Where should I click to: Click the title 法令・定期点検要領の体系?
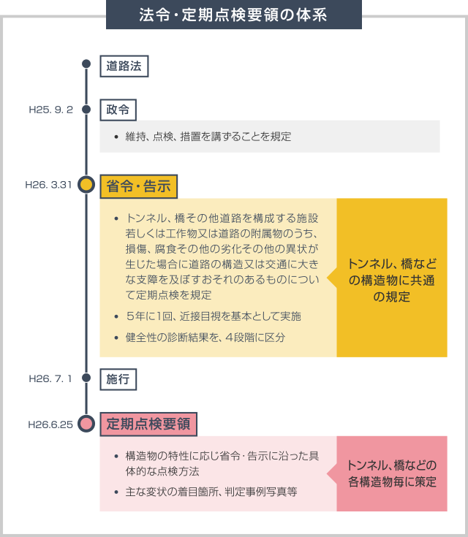tap(233, 15)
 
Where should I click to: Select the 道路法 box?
tap(124, 66)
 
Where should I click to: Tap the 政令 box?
tap(118, 110)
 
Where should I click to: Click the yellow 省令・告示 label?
tap(138, 186)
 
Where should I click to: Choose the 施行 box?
tap(118, 379)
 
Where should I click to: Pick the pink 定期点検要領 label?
tap(148, 424)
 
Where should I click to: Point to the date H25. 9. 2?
tap(50, 110)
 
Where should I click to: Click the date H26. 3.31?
tap(49, 185)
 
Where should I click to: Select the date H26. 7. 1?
tap(50, 378)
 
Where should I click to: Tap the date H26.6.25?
tap(50, 424)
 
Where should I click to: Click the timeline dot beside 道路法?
tap(86, 64)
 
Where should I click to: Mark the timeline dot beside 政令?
tap(86, 110)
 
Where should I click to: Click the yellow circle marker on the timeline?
tap(86, 185)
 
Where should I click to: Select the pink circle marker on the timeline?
tap(86, 424)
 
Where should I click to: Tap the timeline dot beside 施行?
tap(86, 378)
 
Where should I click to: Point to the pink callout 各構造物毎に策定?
tap(392, 473)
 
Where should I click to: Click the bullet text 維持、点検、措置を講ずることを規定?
tap(208, 137)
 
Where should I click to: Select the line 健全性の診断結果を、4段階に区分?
tap(205, 338)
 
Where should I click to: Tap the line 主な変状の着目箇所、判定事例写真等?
tap(211, 492)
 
